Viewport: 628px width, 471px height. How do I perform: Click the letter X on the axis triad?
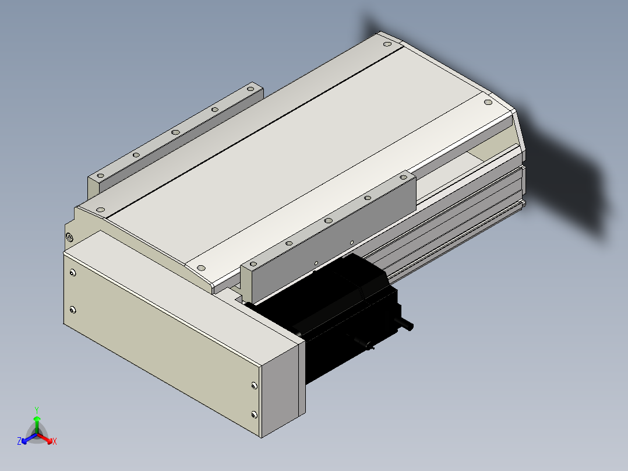(55, 441)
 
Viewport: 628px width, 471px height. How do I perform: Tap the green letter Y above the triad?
(37, 410)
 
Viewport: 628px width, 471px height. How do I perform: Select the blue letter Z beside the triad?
(19, 441)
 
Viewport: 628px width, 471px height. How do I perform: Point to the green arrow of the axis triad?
(37, 424)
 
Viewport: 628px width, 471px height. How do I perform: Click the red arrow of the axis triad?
(45, 438)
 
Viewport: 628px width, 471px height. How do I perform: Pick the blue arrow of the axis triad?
(29, 438)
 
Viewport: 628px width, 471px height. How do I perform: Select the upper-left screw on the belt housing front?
(72, 273)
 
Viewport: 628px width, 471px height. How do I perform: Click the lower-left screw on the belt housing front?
(72, 310)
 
